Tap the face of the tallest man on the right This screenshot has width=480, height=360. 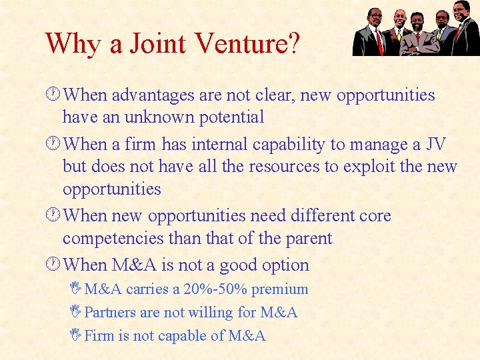(460, 11)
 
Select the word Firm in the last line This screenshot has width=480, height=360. (100, 336)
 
